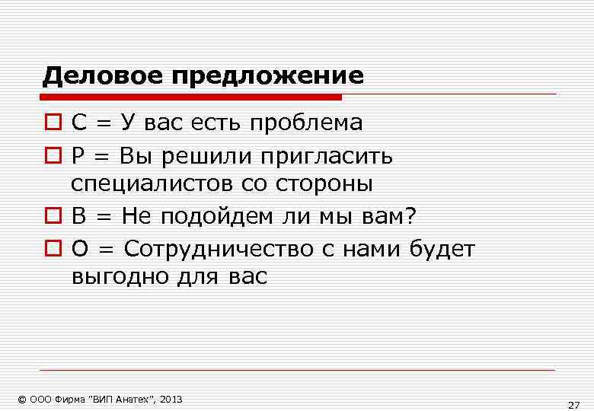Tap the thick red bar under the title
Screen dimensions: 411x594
191,97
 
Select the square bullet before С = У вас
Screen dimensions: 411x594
51,123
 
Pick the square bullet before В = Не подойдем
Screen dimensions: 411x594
51,218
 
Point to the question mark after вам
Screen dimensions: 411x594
411,218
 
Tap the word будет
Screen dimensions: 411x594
442,249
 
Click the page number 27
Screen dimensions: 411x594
573,404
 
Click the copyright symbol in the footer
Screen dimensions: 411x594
22,400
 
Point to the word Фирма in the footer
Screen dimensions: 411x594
72,400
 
